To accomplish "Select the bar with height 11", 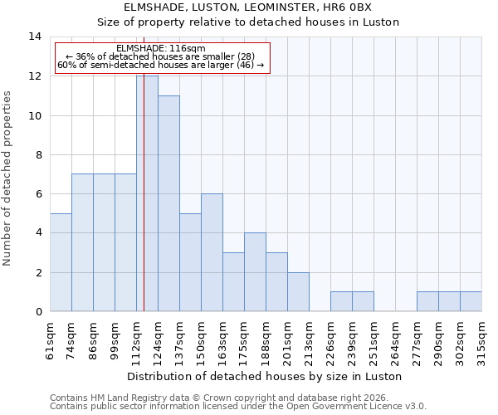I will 168,203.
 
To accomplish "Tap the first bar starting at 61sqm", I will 61,262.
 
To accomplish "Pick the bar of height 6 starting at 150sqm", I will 212,252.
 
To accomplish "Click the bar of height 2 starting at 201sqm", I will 298,291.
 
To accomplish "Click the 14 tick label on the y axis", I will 35,37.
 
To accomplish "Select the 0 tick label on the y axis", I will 38,311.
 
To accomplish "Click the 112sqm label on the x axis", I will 137,341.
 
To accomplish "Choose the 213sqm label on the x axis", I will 310,341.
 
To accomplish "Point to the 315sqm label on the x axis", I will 482,341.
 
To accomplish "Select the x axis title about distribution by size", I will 266,376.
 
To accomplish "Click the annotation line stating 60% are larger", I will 161,65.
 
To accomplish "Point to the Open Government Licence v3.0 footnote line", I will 238,407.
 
